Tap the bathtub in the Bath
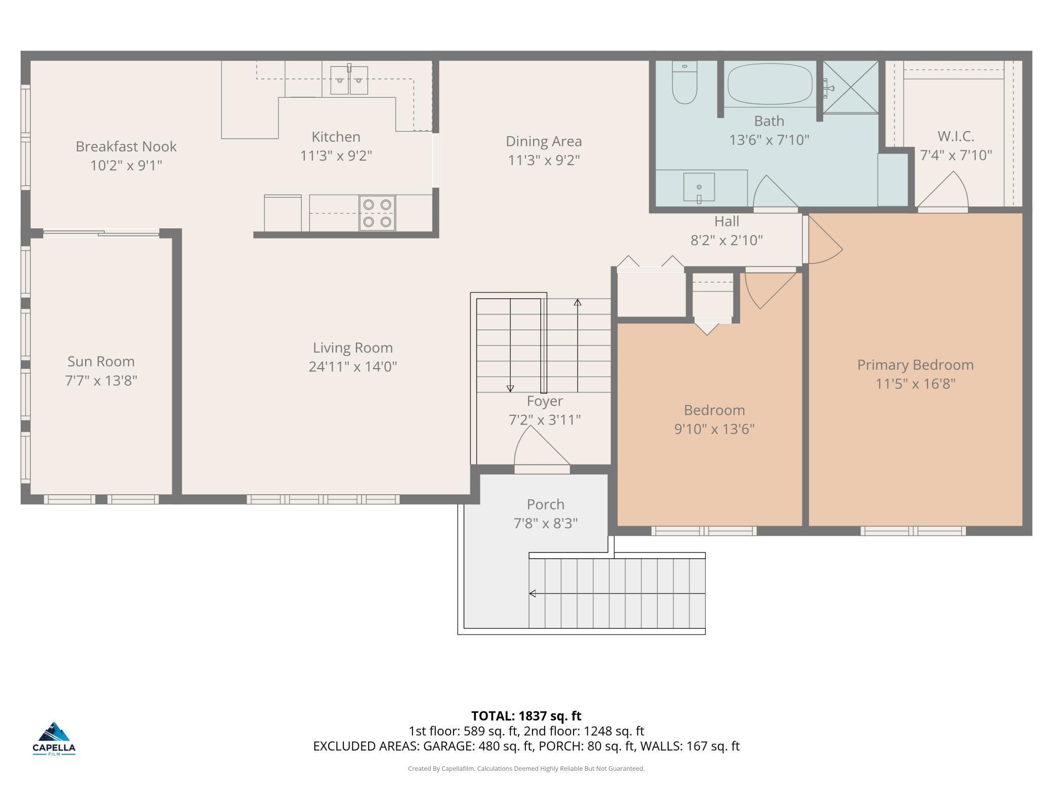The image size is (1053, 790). [769, 84]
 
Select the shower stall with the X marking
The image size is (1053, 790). [850, 87]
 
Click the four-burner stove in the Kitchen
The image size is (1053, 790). [377, 213]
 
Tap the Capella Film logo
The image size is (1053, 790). [54, 739]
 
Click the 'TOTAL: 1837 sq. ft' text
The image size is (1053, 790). [526, 716]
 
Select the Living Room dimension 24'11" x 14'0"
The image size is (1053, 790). [353, 367]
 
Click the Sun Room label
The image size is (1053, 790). [101, 362]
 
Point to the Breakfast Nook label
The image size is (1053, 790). [126, 146]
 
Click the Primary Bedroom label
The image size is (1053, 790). [915, 365]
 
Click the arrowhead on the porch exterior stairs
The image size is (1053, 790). [533, 594]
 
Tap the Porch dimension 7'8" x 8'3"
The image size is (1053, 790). [545, 523]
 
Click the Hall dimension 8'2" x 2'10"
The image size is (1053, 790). [726, 240]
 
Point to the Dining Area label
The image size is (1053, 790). [544, 141]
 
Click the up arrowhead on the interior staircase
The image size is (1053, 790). [577, 302]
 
